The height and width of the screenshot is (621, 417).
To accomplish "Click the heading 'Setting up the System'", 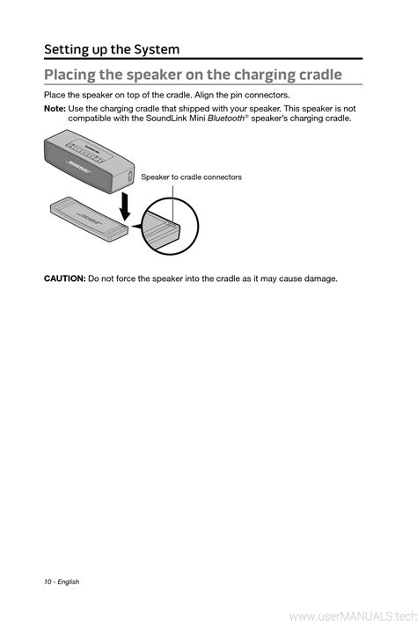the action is [x=112, y=49].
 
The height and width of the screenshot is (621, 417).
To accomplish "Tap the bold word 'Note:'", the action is [x=55, y=109].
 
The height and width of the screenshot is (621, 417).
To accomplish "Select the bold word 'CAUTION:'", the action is [x=65, y=278].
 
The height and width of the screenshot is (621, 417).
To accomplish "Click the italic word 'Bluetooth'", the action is [x=226, y=118].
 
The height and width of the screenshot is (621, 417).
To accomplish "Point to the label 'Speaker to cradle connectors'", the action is [x=191, y=177].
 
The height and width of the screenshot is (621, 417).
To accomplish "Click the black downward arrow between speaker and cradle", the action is [x=125, y=206].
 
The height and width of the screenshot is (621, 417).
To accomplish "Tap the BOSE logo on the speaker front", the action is [x=78, y=168].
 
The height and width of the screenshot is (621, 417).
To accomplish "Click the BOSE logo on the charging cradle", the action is [x=89, y=218].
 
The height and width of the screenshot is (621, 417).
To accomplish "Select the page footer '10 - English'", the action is [x=62, y=581].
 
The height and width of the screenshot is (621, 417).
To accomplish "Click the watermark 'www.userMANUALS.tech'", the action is [x=353, y=616].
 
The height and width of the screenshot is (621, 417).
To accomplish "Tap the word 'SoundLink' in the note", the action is [x=165, y=118].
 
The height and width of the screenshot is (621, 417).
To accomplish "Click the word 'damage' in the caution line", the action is [x=320, y=278].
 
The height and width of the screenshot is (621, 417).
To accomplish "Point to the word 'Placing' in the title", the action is [x=69, y=75].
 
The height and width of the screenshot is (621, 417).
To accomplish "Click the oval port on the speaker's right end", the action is [x=129, y=177].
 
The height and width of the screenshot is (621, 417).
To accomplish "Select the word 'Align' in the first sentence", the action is [x=204, y=95].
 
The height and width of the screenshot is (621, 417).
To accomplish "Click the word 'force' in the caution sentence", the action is [x=126, y=278].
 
